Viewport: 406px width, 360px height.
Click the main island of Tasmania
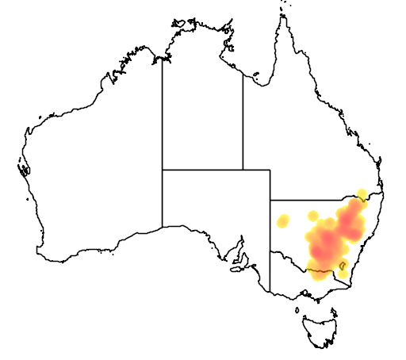(x=320, y=328)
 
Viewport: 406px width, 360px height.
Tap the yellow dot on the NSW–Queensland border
(x=362, y=194)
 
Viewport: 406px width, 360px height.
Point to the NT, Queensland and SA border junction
(x=243, y=170)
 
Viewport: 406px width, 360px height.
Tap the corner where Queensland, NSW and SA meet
(x=270, y=200)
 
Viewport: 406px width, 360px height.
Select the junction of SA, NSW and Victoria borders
(x=270, y=252)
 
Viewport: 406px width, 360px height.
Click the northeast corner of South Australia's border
(x=270, y=170)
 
